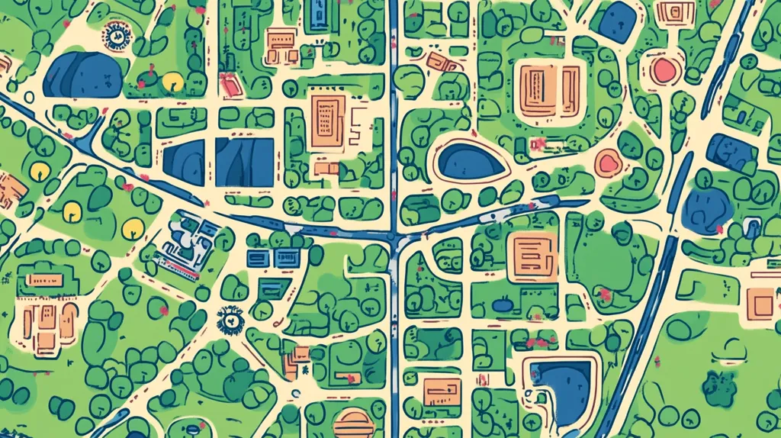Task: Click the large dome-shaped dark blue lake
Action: tap(82, 76)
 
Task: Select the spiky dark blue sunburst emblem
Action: tap(228, 320)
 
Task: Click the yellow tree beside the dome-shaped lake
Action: tap(172, 80)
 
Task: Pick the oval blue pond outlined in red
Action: tap(471, 161)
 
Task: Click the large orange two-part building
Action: tap(549, 89)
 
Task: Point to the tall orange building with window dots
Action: tap(327, 121)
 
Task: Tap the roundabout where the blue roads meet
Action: tap(393, 238)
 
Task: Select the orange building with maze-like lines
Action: tap(532, 253)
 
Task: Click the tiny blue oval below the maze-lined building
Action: tap(501, 305)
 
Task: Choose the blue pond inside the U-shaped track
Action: tap(561, 382)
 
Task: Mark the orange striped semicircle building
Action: tap(354, 423)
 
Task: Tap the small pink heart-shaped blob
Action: tap(608, 163)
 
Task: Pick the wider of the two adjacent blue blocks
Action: tap(244, 162)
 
